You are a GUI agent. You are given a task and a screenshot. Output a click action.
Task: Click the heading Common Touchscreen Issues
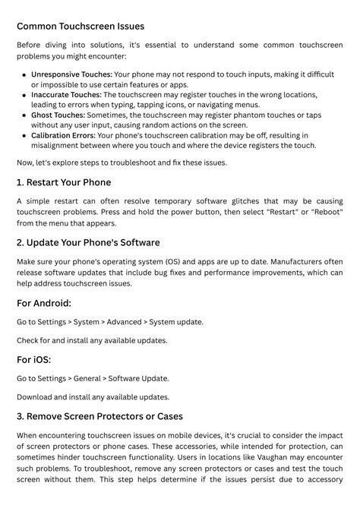tap(81, 27)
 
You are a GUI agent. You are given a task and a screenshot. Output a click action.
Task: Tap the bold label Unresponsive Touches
tap(72, 74)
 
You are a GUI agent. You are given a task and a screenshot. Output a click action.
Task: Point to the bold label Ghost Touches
tap(58, 115)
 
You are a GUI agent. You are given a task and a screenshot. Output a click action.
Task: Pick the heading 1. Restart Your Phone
tap(64, 182)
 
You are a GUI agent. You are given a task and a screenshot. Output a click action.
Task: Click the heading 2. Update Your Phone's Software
tap(88, 243)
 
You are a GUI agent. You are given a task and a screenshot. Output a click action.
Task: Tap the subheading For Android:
tap(44, 303)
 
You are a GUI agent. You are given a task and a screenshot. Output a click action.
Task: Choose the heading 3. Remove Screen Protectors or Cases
tap(99, 416)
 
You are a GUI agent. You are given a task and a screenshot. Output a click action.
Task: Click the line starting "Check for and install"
tap(92, 340)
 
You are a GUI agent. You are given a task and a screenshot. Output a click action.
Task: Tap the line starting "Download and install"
tap(92, 397)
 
